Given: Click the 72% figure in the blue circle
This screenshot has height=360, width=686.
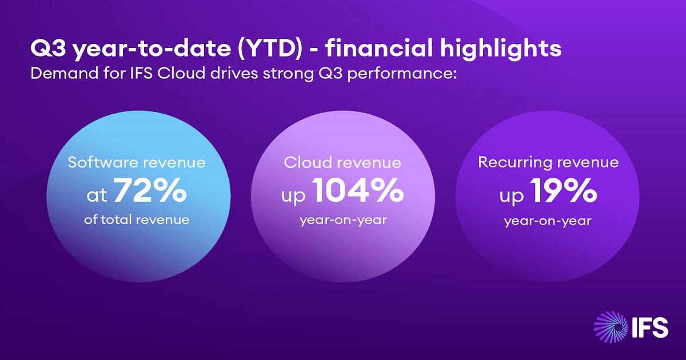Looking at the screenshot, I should point(150,192).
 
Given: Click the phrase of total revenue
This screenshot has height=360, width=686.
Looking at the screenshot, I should point(137,219).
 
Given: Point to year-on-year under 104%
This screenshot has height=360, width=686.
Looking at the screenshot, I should point(343,219).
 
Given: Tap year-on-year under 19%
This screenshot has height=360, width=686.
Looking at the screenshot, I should point(548,221).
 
